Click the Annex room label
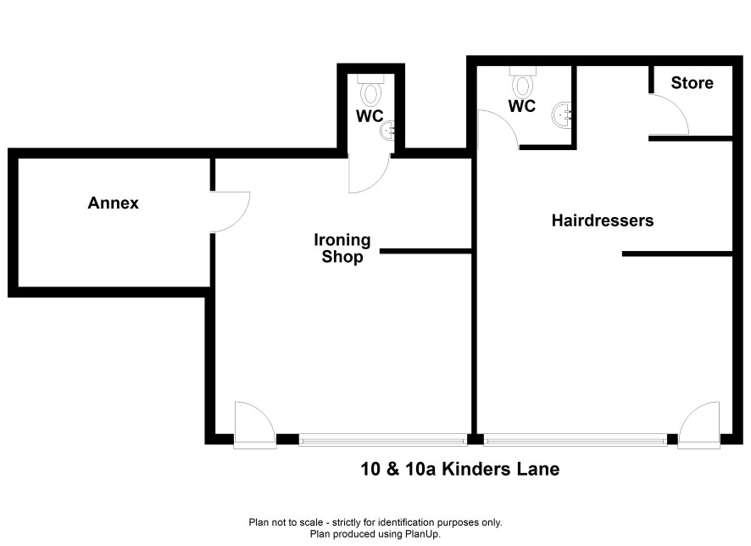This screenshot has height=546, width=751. pos(113,203)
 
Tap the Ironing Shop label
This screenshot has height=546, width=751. pos(342,248)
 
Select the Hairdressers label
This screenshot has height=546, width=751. pos(603,220)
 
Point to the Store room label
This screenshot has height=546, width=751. pos(692,83)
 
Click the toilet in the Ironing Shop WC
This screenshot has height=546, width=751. pos(370,91)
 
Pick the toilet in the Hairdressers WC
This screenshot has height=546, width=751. pos(522,82)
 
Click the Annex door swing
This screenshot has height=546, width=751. pos(231,212)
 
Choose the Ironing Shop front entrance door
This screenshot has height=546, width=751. pos(255,426)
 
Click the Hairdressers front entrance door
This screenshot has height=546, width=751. pos(699,426)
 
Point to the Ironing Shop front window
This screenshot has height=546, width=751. pos(383,440)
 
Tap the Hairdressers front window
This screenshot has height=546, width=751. pos(576,440)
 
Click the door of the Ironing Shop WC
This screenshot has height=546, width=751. pos(369,173)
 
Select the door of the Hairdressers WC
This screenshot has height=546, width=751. pos(498,130)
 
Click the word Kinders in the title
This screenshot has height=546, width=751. pos(476,469)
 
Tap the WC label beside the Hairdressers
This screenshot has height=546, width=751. pos(522,106)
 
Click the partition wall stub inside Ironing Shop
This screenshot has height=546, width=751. pos(426,251)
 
